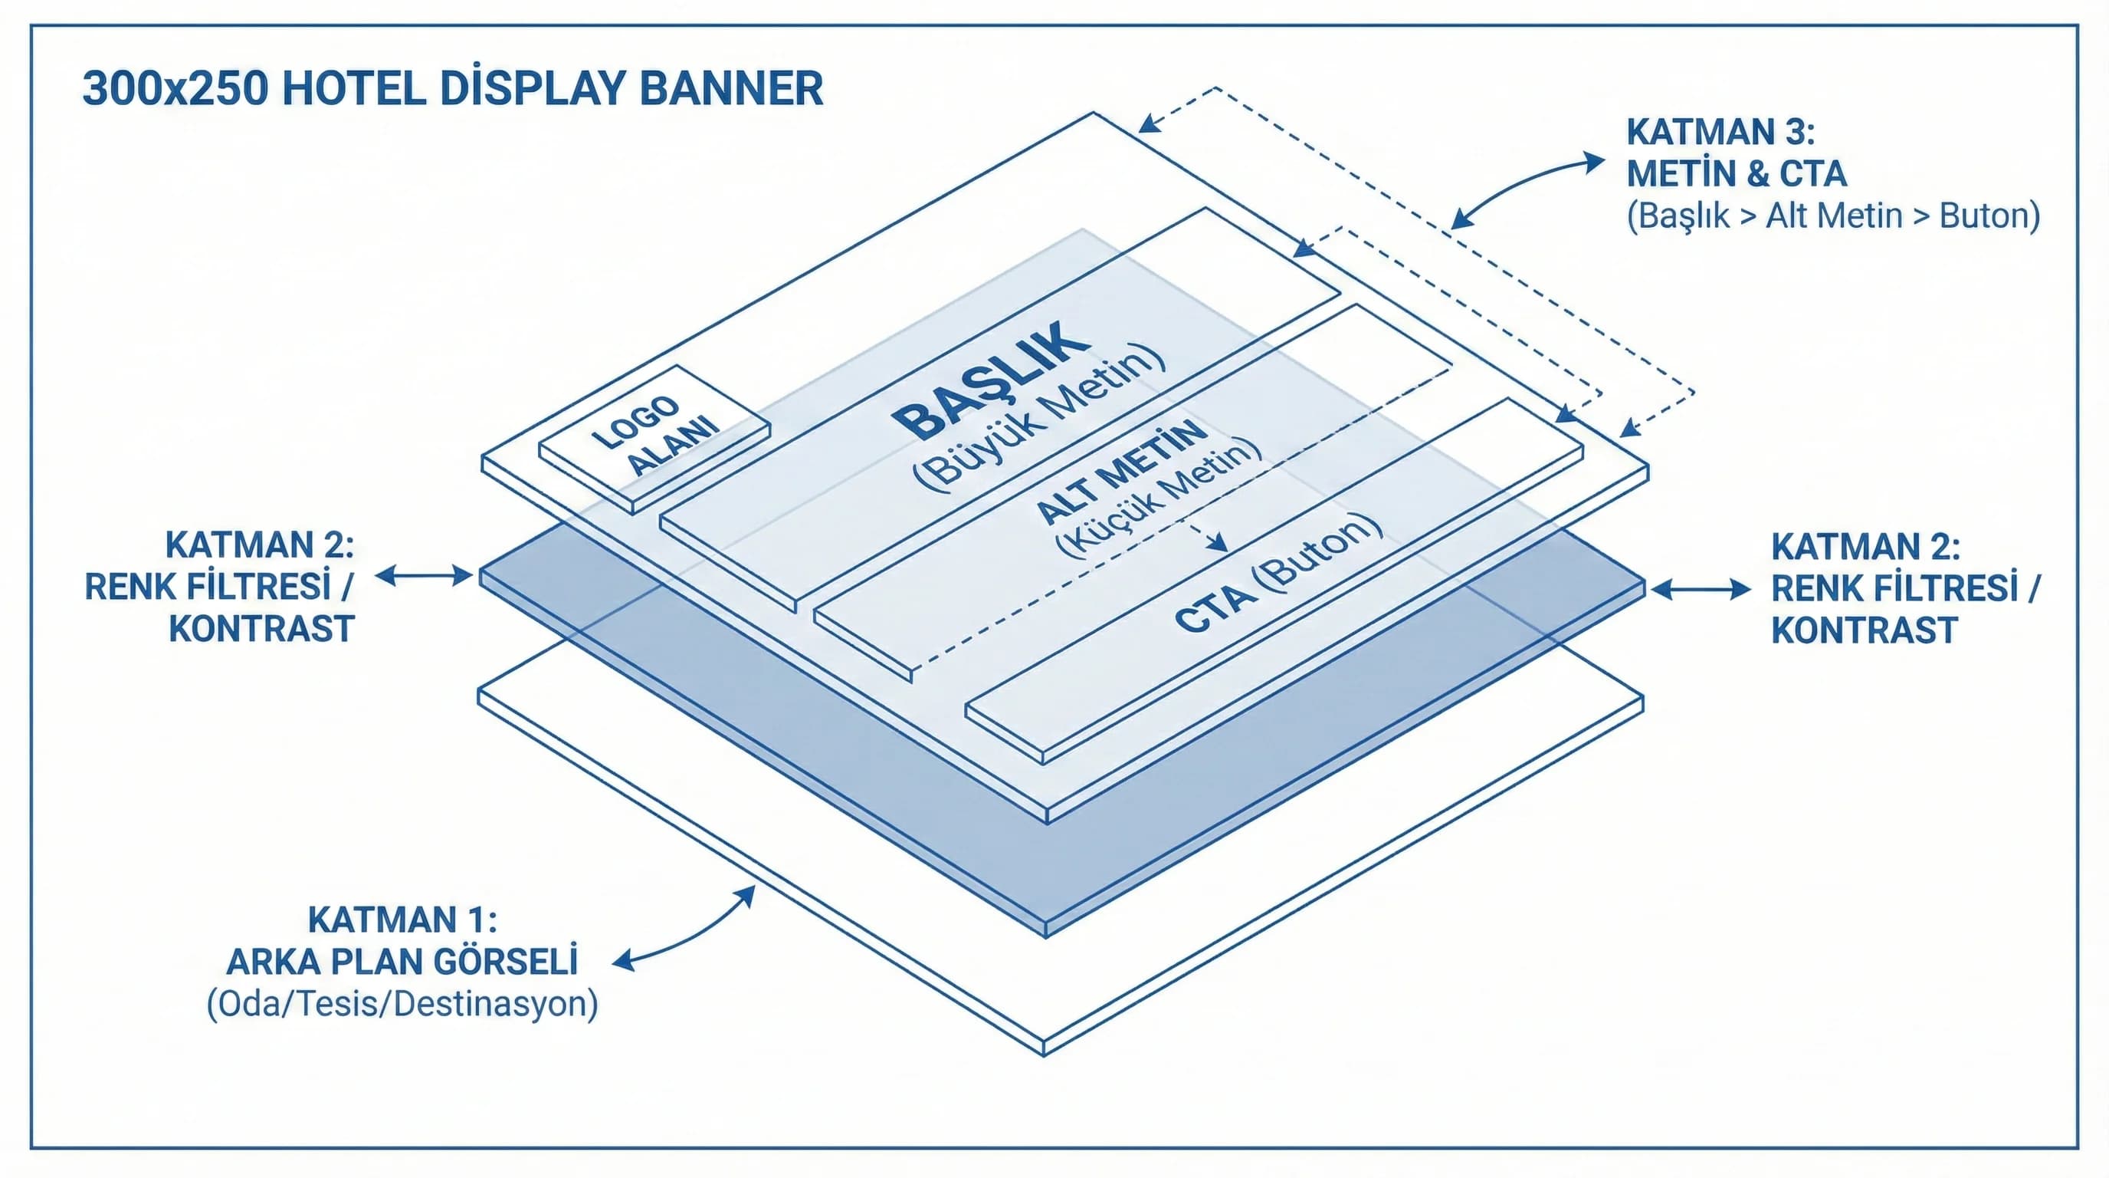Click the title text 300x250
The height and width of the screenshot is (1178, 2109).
tap(175, 89)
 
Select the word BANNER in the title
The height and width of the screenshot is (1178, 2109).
tap(730, 89)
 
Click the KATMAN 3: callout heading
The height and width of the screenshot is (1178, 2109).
tap(1720, 132)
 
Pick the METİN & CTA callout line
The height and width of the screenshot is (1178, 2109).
tap(1737, 173)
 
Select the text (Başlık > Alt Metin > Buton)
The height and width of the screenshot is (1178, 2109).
tap(1833, 216)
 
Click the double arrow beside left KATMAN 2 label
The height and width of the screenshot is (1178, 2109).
tap(424, 577)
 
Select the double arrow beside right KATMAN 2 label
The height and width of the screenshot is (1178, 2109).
tap(1701, 589)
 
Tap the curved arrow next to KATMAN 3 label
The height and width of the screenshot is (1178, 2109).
tap(1527, 190)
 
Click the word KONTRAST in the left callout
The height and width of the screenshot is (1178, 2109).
tap(261, 629)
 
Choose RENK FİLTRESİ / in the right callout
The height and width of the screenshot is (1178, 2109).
tap(1905, 588)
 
